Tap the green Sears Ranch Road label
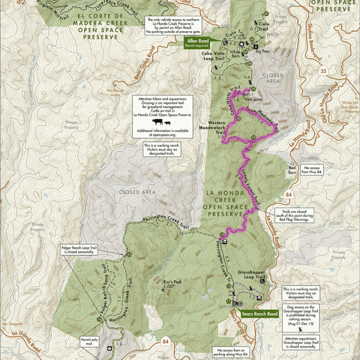(264, 314)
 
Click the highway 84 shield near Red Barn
(289, 195)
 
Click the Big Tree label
(262, 52)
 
